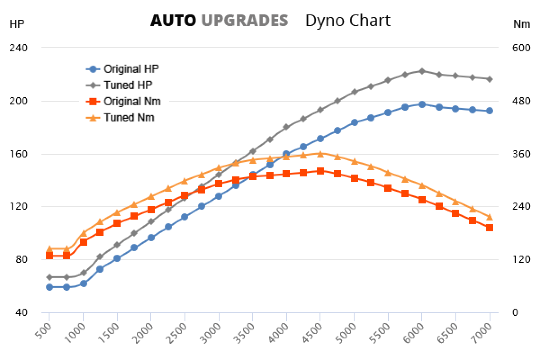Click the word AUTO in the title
point(173,21)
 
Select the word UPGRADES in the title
point(244,21)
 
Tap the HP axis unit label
point(17,24)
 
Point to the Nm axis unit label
point(522,24)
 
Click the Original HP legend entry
point(131,69)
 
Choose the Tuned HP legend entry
point(128,85)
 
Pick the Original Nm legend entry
point(132,101)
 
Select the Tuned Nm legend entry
point(129,117)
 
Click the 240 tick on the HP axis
point(18,48)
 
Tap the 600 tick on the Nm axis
point(522,48)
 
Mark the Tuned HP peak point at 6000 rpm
point(422,71)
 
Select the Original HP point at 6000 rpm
point(422,104)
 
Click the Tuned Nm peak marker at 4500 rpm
point(320,154)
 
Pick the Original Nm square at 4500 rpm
point(320,171)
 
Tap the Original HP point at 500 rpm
point(49,287)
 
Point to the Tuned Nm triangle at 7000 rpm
point(489,217)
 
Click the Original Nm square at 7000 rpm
point(489,228)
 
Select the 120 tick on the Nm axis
point(522,260)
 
